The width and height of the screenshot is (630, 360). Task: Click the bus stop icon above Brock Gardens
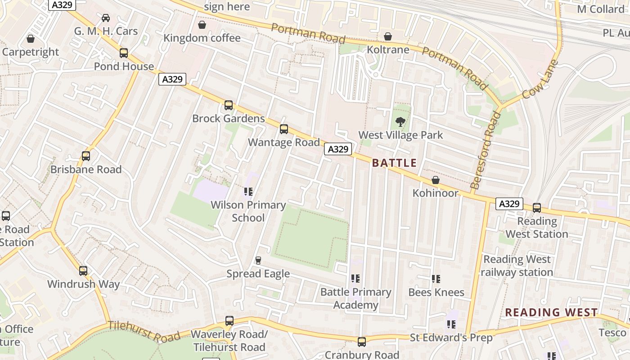(x=229, y=105)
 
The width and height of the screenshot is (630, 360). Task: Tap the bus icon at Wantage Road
(x=284, y=129)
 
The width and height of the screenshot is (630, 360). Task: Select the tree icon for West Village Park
(x=400, y=121)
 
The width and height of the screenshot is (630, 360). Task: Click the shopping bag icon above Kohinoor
(x=436, y=180)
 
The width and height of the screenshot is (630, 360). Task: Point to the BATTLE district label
(x=394, y=163)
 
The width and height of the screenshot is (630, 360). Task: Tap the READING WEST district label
(x=551, y=312)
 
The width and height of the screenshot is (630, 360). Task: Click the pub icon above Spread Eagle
(x=258, y=260)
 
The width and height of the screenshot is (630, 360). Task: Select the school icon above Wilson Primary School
(x=248, y=192)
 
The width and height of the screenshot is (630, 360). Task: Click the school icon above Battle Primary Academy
(x=355, y=279)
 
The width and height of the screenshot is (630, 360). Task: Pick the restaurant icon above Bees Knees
(x=436, y=279)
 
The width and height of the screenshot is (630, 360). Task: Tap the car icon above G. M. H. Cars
(x=106, y=18)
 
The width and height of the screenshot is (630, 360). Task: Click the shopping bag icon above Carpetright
(x=31, y=39)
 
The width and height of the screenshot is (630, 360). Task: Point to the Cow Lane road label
(x=540, y=80)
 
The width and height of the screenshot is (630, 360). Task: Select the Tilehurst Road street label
(x=144, y=332)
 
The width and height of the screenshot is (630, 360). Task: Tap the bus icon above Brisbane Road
(x=86, y=156)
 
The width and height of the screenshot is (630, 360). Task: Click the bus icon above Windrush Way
(x=83, y=271)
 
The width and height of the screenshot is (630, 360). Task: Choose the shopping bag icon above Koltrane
(x=388, y=36)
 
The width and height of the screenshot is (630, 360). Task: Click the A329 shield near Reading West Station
(x=509, y=204)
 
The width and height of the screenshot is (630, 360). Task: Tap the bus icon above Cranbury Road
(x=362, y=342)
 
